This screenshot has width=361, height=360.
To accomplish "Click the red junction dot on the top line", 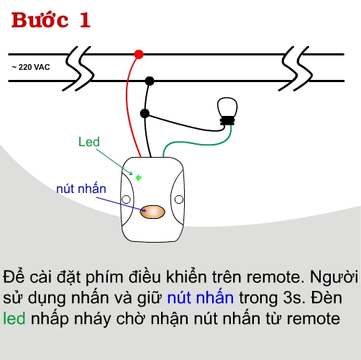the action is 139,55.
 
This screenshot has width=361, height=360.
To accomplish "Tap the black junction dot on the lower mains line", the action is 150,81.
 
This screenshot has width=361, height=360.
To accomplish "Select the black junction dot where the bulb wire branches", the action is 145,114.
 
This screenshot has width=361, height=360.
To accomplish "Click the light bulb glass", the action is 227,107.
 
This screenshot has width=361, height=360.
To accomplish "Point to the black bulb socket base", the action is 227,121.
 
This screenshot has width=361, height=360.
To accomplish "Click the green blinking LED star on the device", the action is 139,178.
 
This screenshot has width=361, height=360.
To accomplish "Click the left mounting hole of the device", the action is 126,199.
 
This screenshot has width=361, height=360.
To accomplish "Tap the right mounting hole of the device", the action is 179,199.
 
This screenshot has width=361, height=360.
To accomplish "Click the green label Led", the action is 89,142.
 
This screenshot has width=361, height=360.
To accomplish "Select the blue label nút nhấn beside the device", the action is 81,189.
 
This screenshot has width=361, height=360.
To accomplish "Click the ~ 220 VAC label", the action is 31,67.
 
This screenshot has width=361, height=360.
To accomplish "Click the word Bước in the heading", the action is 40,20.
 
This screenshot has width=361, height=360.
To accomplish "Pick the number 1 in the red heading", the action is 85,20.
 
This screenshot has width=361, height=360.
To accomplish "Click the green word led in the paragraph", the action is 14,318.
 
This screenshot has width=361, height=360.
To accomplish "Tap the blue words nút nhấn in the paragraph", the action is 201,297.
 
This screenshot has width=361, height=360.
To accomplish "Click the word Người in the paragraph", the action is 334,277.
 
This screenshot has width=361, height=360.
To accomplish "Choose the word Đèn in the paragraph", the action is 326,297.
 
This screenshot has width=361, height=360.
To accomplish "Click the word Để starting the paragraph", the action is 14,276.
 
